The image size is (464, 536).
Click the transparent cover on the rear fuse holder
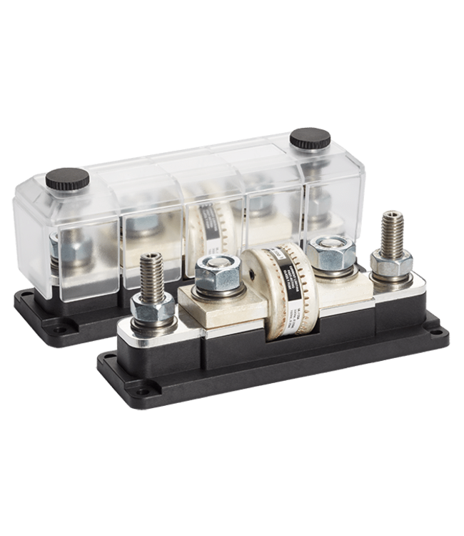(x=178, y=214)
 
